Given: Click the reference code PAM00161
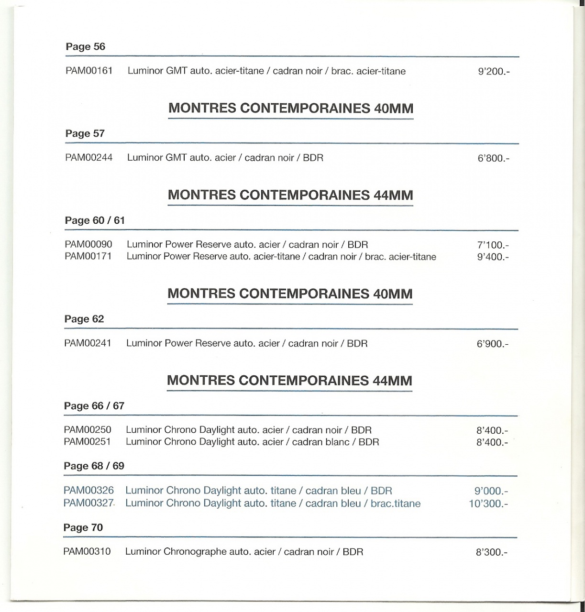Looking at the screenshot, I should point(89,71).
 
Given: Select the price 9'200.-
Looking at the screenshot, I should point(494,72).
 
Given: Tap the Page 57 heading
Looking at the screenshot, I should point(85,133).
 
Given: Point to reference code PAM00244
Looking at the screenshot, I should point(89,157).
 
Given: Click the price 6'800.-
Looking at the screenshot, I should point(494,158).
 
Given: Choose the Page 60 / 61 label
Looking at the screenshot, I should point(95,220).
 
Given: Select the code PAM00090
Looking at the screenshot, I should point(88,244).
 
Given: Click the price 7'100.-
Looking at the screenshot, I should point(493,245).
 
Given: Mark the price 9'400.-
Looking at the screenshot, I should point(493,257).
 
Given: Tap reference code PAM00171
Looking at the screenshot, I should point(88,256).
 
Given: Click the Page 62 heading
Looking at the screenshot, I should point(84,319).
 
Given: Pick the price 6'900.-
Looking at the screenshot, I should point(493,344).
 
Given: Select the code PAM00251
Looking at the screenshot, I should point(88,442).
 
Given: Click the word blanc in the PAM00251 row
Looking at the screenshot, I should point(334,442).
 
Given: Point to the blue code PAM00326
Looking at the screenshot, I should point(88,491).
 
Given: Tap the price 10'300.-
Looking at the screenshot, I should point(488,504).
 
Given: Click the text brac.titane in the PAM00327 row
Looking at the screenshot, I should point(396,503).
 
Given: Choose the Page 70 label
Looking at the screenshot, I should point(83,527).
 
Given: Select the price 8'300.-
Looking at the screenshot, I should point(492,552).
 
